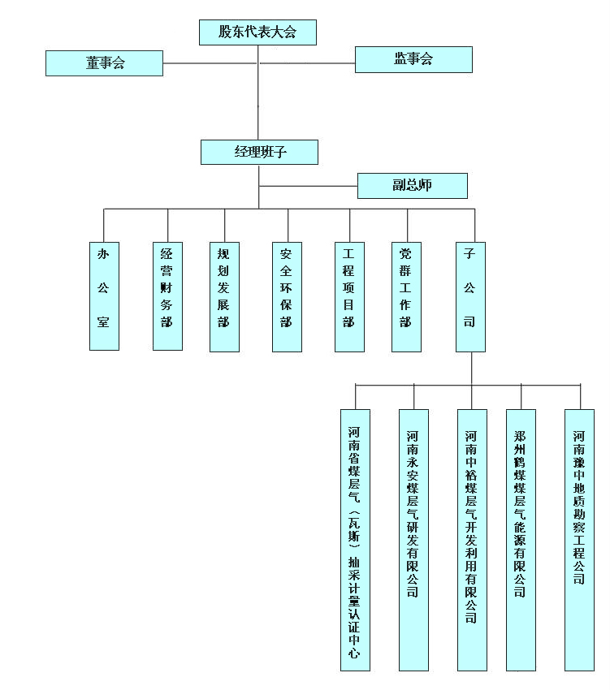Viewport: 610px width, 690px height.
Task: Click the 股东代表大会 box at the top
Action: pyautogui.click(x=257, y=32)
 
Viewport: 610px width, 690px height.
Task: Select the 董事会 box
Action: pyautogui.click(x=104, y=63)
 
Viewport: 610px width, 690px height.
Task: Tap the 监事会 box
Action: pyautogui.click(x=413, y=59)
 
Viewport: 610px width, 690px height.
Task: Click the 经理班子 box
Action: pyautogui.click(x=259, y=153)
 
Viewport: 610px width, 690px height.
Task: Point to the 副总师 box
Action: pyautogui.click(x=412, y=185)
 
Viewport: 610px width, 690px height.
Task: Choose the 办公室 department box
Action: pyautogui.click(x=104, y=295)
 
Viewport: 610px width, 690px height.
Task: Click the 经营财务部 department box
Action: pyautogui.click(x=167, y=295)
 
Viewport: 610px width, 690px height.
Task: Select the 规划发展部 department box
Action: pyautogui.click(x=224, y=296)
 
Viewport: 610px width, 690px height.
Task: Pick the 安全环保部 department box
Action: pyautogui.click(x=287, y=296)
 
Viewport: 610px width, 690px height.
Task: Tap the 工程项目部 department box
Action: pyautogui.click(x=349, y=296)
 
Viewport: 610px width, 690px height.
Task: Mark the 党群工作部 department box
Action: pyautogui.click(x=406, y=296)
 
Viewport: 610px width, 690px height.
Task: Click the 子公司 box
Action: pyautogui.click(x=470, y=296)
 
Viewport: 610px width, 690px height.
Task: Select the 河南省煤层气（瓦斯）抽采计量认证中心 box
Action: pyautogui.click(x=355, y=540)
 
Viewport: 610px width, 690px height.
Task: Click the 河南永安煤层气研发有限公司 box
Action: pyautogui.click(x=413, y=540)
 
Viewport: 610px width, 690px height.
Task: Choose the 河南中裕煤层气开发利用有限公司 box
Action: pyautogui.click(x=471, y=540)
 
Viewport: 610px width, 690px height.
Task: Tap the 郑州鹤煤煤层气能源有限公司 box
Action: pyautogui.click(x=521, y=540)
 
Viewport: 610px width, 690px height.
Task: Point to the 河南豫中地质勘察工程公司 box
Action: pyautogui.click(x=579, y=540)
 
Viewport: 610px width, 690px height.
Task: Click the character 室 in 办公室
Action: pyautogui.click(x=104, y=322)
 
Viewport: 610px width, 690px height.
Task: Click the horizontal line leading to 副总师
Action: pyautogui.click(x=309, y=186)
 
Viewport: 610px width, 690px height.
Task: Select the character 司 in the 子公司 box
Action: pyautogui.click(x=470, y=322)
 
